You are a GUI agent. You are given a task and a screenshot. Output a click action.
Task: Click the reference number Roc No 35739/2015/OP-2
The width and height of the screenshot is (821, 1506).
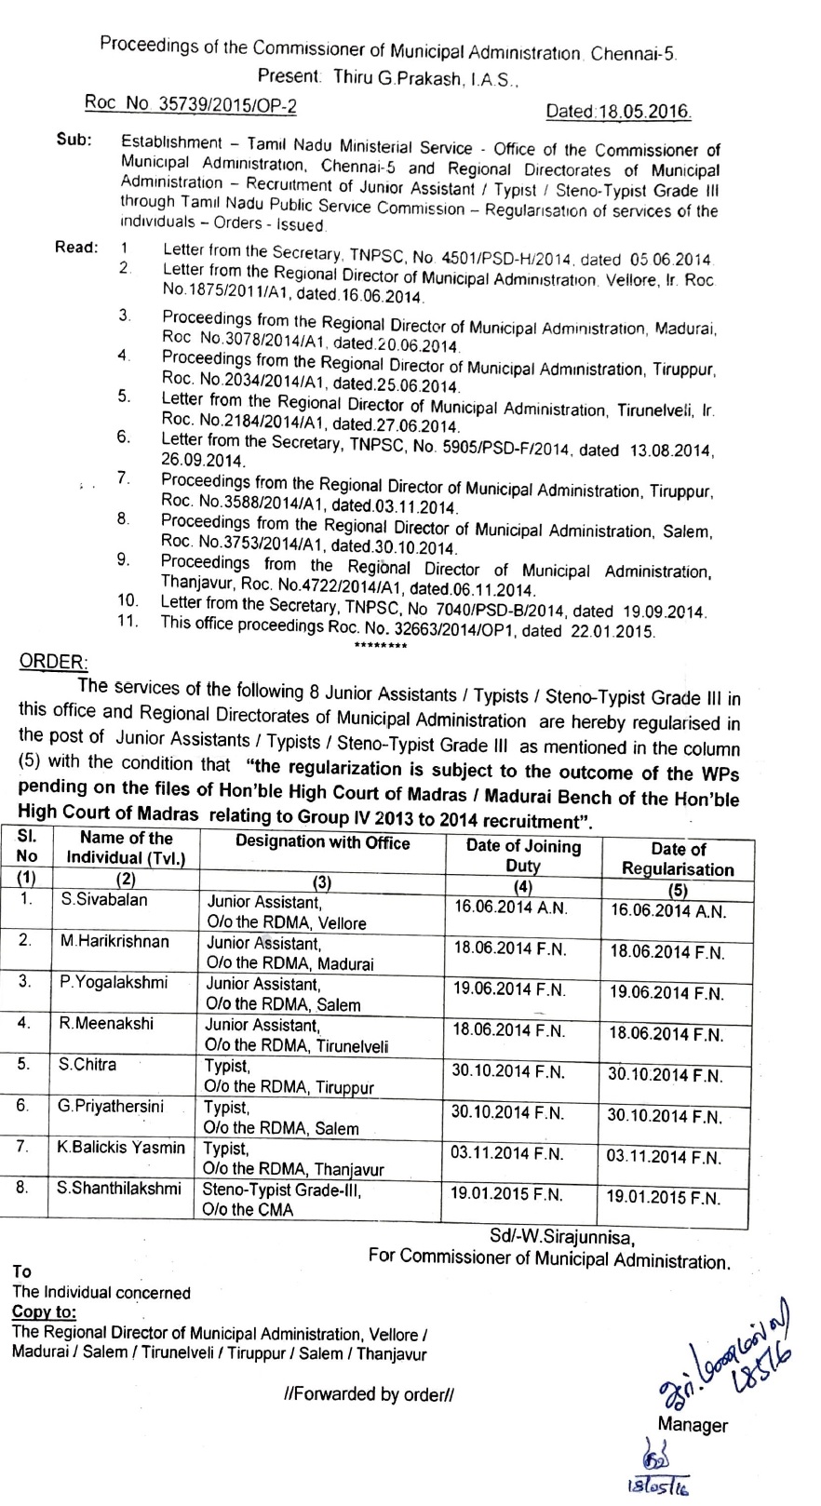(x=191, y=104)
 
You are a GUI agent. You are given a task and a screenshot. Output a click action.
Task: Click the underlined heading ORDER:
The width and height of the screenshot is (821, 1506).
(x=54, y=662)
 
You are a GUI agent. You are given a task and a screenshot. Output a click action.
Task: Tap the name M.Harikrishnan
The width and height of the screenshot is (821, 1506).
(x=114, y=941)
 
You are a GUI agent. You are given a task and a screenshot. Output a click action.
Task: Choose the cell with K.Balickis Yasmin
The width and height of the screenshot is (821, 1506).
(x=121, y=1148)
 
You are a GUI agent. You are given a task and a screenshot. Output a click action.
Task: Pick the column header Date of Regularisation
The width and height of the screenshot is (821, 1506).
(x=678, y=859)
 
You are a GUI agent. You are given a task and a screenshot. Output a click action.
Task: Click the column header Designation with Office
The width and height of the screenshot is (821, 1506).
(x=322, y=842)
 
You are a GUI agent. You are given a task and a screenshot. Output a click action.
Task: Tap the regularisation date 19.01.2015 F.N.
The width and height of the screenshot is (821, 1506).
(x=664, y=1198)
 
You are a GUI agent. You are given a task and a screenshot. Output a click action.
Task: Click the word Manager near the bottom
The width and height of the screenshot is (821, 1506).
(x=693, y=1424)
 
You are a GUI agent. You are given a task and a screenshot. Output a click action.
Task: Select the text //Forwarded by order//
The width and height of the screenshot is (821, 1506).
(x=370, y=1393)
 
